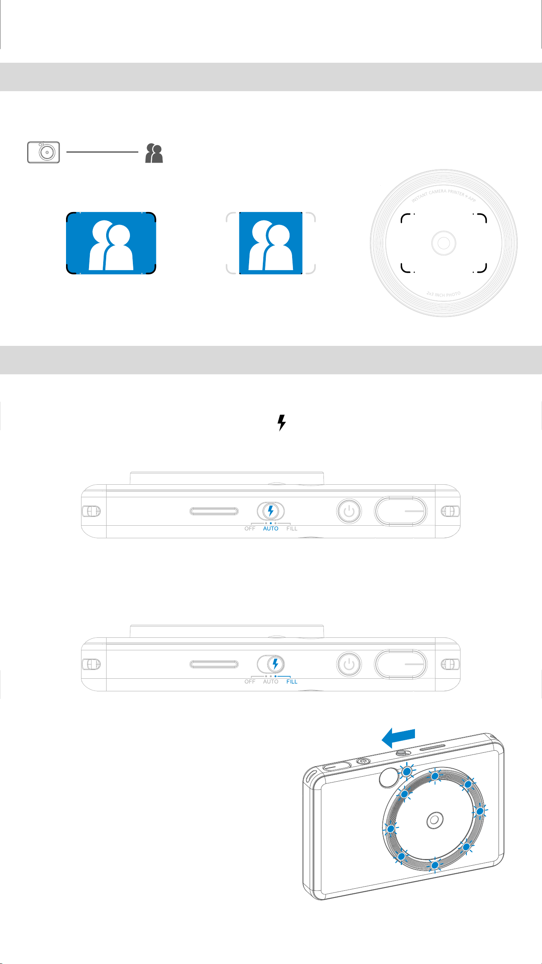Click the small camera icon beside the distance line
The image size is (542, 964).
tap(43, 152)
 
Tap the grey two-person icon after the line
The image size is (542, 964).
tap(154, 153)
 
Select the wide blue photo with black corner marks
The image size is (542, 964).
tap(111, 243)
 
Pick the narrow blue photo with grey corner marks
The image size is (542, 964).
tap(271, 243)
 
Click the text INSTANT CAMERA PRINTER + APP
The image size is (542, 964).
tap(444, 195)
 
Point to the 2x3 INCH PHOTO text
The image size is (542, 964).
tap(444, 294)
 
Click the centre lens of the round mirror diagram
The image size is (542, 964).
tap(444, 243)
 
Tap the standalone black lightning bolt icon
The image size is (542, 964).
tap(282, 423)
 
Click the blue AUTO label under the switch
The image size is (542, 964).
tap(271, 529)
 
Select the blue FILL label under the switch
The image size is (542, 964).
tap(292, 682)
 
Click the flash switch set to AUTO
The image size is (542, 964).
tap(271, 511)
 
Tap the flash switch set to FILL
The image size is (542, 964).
tap(271, 664)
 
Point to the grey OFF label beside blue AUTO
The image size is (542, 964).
tap(250, 529)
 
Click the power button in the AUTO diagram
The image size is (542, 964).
tap(349, 511)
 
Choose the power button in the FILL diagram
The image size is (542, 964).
tap(349, 664)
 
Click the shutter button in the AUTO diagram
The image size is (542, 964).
tap(401, 511)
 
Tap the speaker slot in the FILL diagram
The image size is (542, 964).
tap(214, 664)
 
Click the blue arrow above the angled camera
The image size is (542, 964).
tap(398, 739)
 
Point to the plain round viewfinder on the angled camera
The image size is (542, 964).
tap(389, 777)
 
